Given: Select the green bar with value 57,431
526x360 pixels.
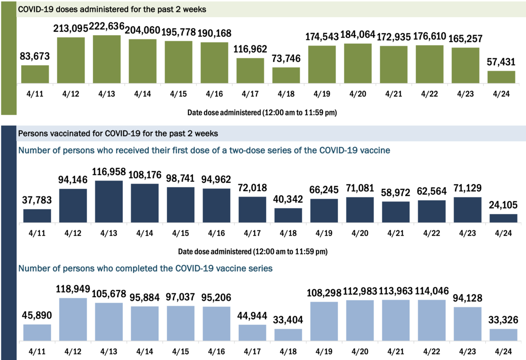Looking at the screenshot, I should point(501,77).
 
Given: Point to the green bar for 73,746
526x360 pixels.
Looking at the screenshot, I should point(286,75).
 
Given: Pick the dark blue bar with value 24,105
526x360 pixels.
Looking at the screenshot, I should point(503,218).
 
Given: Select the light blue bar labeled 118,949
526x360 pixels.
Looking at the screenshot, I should point(73,319).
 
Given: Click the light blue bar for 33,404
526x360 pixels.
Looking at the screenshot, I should point(288,335).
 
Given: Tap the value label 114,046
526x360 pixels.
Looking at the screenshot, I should point(431,291).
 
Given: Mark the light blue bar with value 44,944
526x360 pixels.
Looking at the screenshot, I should point(252,333).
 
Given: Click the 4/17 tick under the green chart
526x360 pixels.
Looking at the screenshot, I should point(250,93).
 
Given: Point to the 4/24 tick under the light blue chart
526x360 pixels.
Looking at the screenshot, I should point(503,351).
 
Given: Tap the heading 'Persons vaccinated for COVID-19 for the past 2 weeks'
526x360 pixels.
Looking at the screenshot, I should point(118,134).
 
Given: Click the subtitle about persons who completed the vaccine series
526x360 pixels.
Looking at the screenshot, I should point(145,269).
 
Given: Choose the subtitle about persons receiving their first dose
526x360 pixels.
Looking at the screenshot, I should point(204,150).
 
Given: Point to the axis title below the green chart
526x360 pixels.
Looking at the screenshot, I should point(263,112).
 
